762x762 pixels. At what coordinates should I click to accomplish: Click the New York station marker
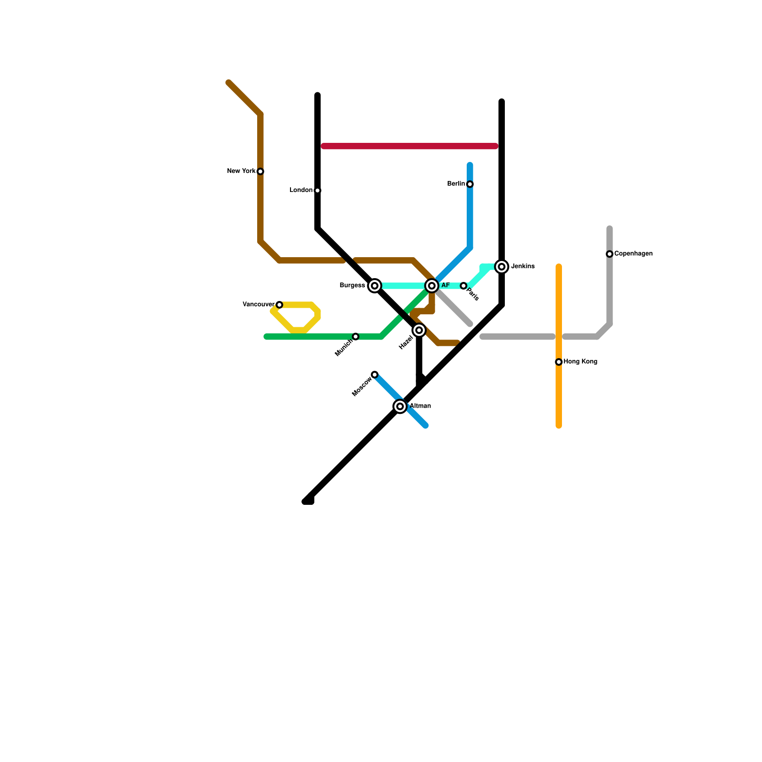pos(261,171)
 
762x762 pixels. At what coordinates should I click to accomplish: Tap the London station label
pos(301,190)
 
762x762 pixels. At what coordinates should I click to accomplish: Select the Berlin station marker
pos(470,184)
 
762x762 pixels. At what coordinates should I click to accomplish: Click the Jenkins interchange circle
pos(501,267)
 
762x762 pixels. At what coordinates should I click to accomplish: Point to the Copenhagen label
pos(633,254)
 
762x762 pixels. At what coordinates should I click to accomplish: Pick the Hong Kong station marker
pos(559,362)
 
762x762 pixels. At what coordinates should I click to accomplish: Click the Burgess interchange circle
pos(375,286)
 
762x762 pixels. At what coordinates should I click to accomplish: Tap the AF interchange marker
pos(432,286)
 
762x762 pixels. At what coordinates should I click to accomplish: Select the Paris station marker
pos(463,286)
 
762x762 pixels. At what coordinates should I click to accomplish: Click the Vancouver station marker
pos(280,305)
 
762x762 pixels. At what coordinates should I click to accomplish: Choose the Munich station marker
pos(356,337)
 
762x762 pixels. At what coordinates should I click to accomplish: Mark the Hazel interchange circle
pos(419,331)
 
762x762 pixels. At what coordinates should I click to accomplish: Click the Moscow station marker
pos(375,375)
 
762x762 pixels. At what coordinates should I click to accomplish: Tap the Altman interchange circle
pos(400,406)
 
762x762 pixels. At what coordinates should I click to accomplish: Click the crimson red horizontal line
pos(410,146)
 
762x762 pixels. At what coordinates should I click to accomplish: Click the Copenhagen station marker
pos(610,254)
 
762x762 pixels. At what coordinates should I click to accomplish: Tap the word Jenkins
pos(523,267)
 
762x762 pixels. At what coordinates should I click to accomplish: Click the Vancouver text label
pos(259,305)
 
